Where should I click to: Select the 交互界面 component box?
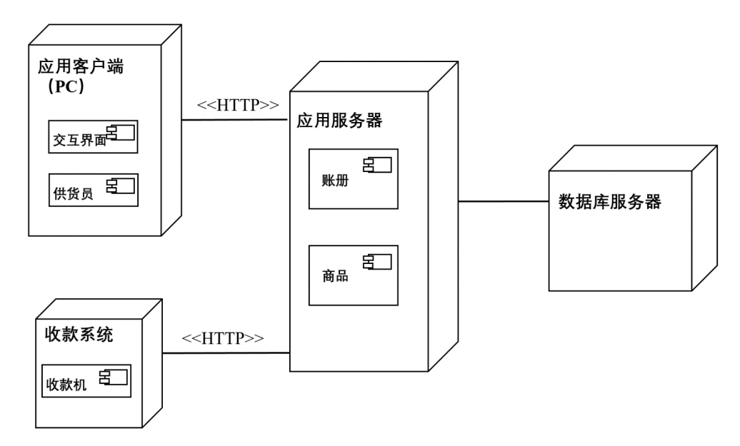tap(93, 136)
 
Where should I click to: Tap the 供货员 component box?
tap(93, 189)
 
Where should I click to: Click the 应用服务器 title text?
tap(339, 121)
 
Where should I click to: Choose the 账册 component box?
tap(353, 178)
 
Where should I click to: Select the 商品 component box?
tap(353, 275)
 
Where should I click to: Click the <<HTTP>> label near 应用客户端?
tap(237, 106)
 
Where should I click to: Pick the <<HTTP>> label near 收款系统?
tap(223, 337)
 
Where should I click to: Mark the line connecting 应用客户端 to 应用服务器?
tap(236, 120)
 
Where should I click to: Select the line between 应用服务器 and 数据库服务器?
tap(504, 201)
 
